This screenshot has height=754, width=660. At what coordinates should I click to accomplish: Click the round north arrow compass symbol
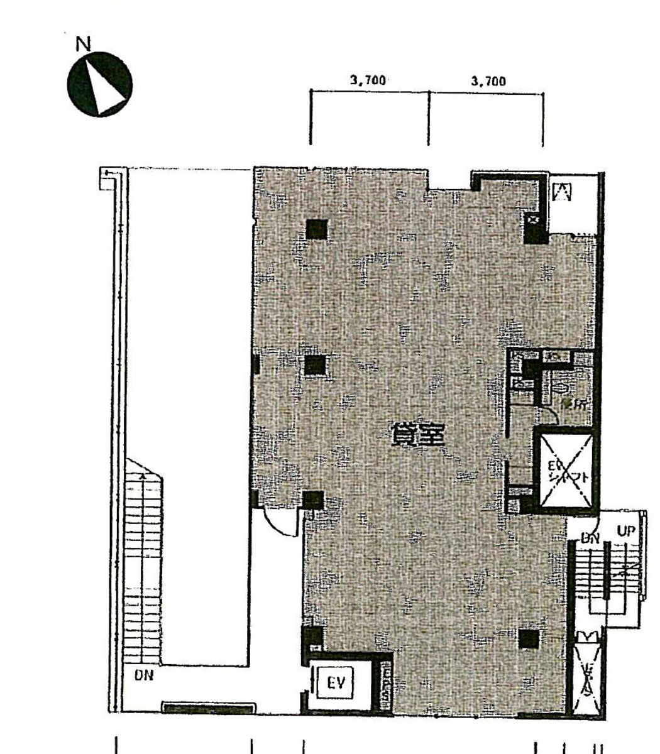99,84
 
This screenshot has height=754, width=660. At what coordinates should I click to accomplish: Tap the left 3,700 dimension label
367,80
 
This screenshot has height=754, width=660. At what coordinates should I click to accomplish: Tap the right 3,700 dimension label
488,80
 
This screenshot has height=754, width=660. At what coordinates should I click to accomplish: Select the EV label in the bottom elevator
338,682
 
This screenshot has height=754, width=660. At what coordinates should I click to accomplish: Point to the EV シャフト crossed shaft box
564,469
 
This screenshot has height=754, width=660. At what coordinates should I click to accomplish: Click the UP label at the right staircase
627,532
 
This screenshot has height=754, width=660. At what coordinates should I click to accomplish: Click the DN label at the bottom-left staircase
144,676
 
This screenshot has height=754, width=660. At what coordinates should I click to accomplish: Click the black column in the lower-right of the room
529,638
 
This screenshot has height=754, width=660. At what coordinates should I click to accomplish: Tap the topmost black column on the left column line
316,229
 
